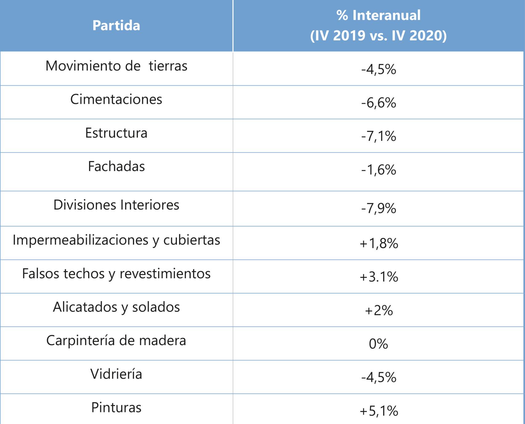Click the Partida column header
pos(116,26)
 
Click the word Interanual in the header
pos(386,15)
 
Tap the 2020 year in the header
pos(426,35)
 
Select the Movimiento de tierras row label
pos(116,66)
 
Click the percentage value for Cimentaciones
pos(379,103)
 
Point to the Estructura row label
pos(116,133)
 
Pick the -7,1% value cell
pos(379,136)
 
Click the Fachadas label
pos(116,167)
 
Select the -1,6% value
pos(379,170)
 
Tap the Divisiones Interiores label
pos(116,205)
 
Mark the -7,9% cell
pos(379,209)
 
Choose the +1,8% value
pos(379,244)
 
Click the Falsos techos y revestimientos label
pos(116,274)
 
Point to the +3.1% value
pos(379,277)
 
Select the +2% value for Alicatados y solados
pos(379,311)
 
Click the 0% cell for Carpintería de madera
pos(379,344)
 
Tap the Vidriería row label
pos(116,374)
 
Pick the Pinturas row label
pos(116,408)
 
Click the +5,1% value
pos(379,411)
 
